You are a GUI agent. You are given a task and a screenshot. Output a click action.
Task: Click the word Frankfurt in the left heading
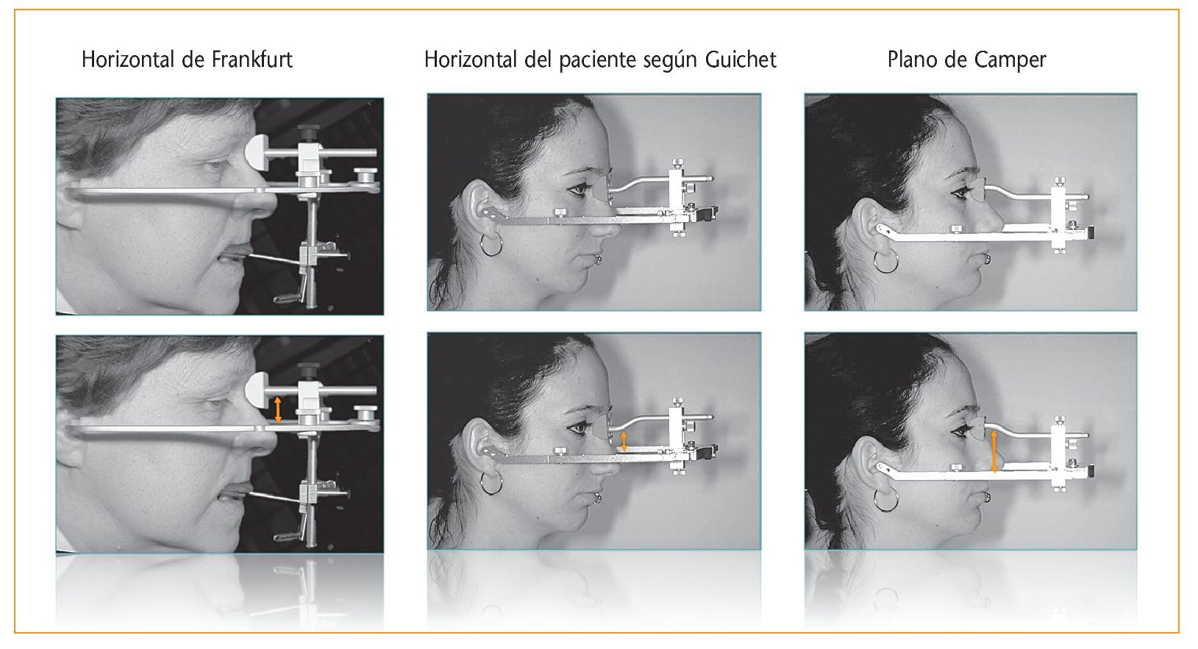[252, 60]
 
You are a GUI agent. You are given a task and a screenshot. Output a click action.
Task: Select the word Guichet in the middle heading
[741, 60]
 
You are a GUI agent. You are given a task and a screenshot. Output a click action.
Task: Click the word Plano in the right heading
[913, 60]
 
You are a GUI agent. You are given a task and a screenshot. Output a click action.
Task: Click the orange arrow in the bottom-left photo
[277, 409]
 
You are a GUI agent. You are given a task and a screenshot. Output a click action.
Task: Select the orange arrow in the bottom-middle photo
[624, 442]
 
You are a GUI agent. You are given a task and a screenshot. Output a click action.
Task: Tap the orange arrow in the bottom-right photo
[994, 452]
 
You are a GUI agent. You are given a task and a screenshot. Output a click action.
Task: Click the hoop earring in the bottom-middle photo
[491, 484]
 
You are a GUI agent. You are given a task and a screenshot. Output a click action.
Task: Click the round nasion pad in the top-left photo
[256, 152]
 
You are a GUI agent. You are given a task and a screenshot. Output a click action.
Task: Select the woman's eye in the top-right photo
[960, 191]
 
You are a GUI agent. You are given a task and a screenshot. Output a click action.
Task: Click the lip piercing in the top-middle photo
[597, 261]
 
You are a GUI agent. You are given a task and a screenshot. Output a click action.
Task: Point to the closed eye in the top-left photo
[217, 164]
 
